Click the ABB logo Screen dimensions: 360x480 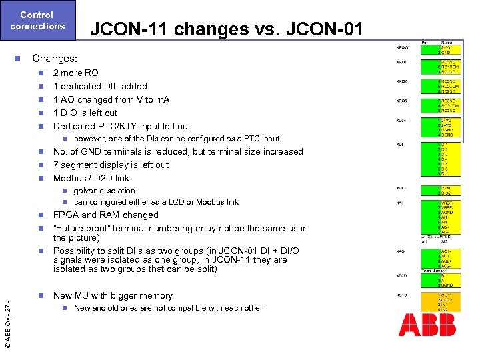(427, 325)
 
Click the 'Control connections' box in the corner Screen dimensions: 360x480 (38, 21)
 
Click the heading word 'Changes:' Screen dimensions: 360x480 (55, 59)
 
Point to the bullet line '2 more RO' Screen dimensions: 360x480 (75, 73)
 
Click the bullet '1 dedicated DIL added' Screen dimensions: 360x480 (100, 86)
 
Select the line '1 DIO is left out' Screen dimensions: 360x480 (85, 113)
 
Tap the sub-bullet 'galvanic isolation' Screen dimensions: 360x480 (104, 191)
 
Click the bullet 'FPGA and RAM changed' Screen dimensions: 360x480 (105, 215)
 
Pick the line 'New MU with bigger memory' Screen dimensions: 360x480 (113, 295)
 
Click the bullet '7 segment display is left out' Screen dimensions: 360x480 (111, 165)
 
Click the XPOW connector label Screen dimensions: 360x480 (403, 47)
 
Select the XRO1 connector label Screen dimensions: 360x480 (403, 63)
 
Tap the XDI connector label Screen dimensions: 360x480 (399, 143)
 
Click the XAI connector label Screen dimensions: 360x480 (399, 203)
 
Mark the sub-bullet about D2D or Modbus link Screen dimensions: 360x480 (155, 202)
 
